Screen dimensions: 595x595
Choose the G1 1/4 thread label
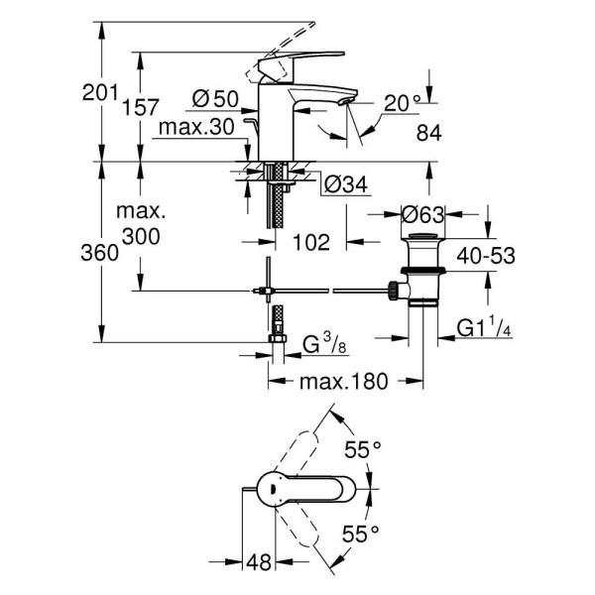[x=484, y=327]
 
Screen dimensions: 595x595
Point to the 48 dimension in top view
[x=259, y=563]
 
